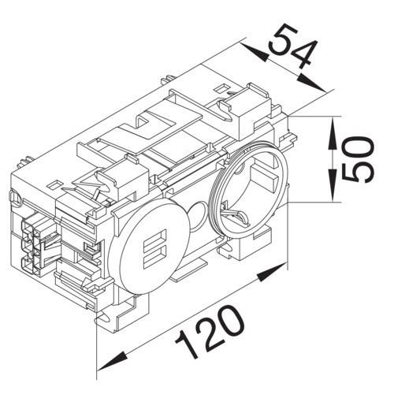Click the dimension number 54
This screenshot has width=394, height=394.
292,46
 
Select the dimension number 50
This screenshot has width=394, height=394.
359,159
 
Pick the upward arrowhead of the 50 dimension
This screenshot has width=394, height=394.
333,133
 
